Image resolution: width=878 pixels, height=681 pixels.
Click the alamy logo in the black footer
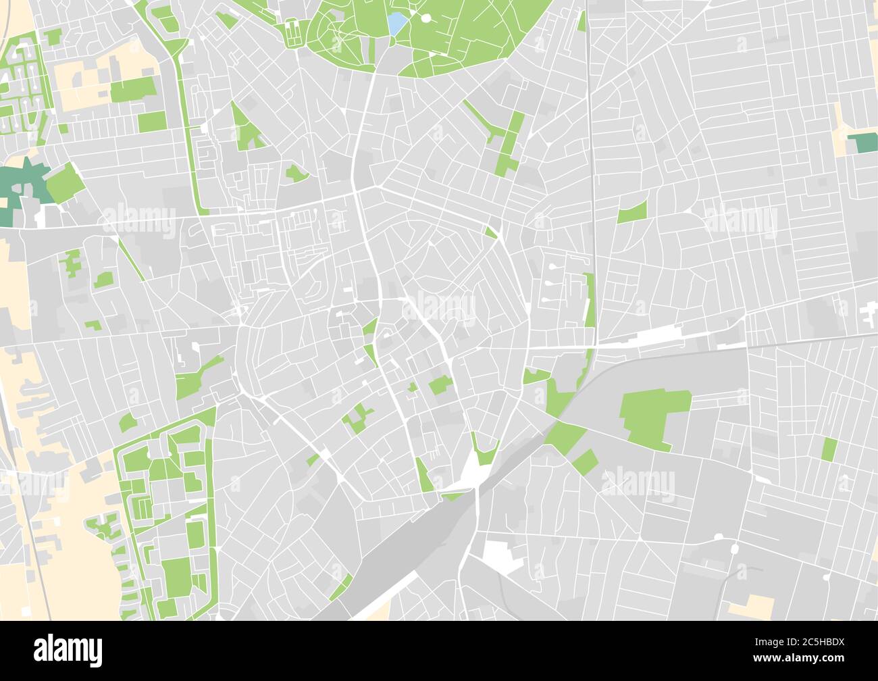click(68, 650)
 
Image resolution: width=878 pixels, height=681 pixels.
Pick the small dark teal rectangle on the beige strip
click(860, 143)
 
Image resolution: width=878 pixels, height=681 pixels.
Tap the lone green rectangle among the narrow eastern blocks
click(829, 449)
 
